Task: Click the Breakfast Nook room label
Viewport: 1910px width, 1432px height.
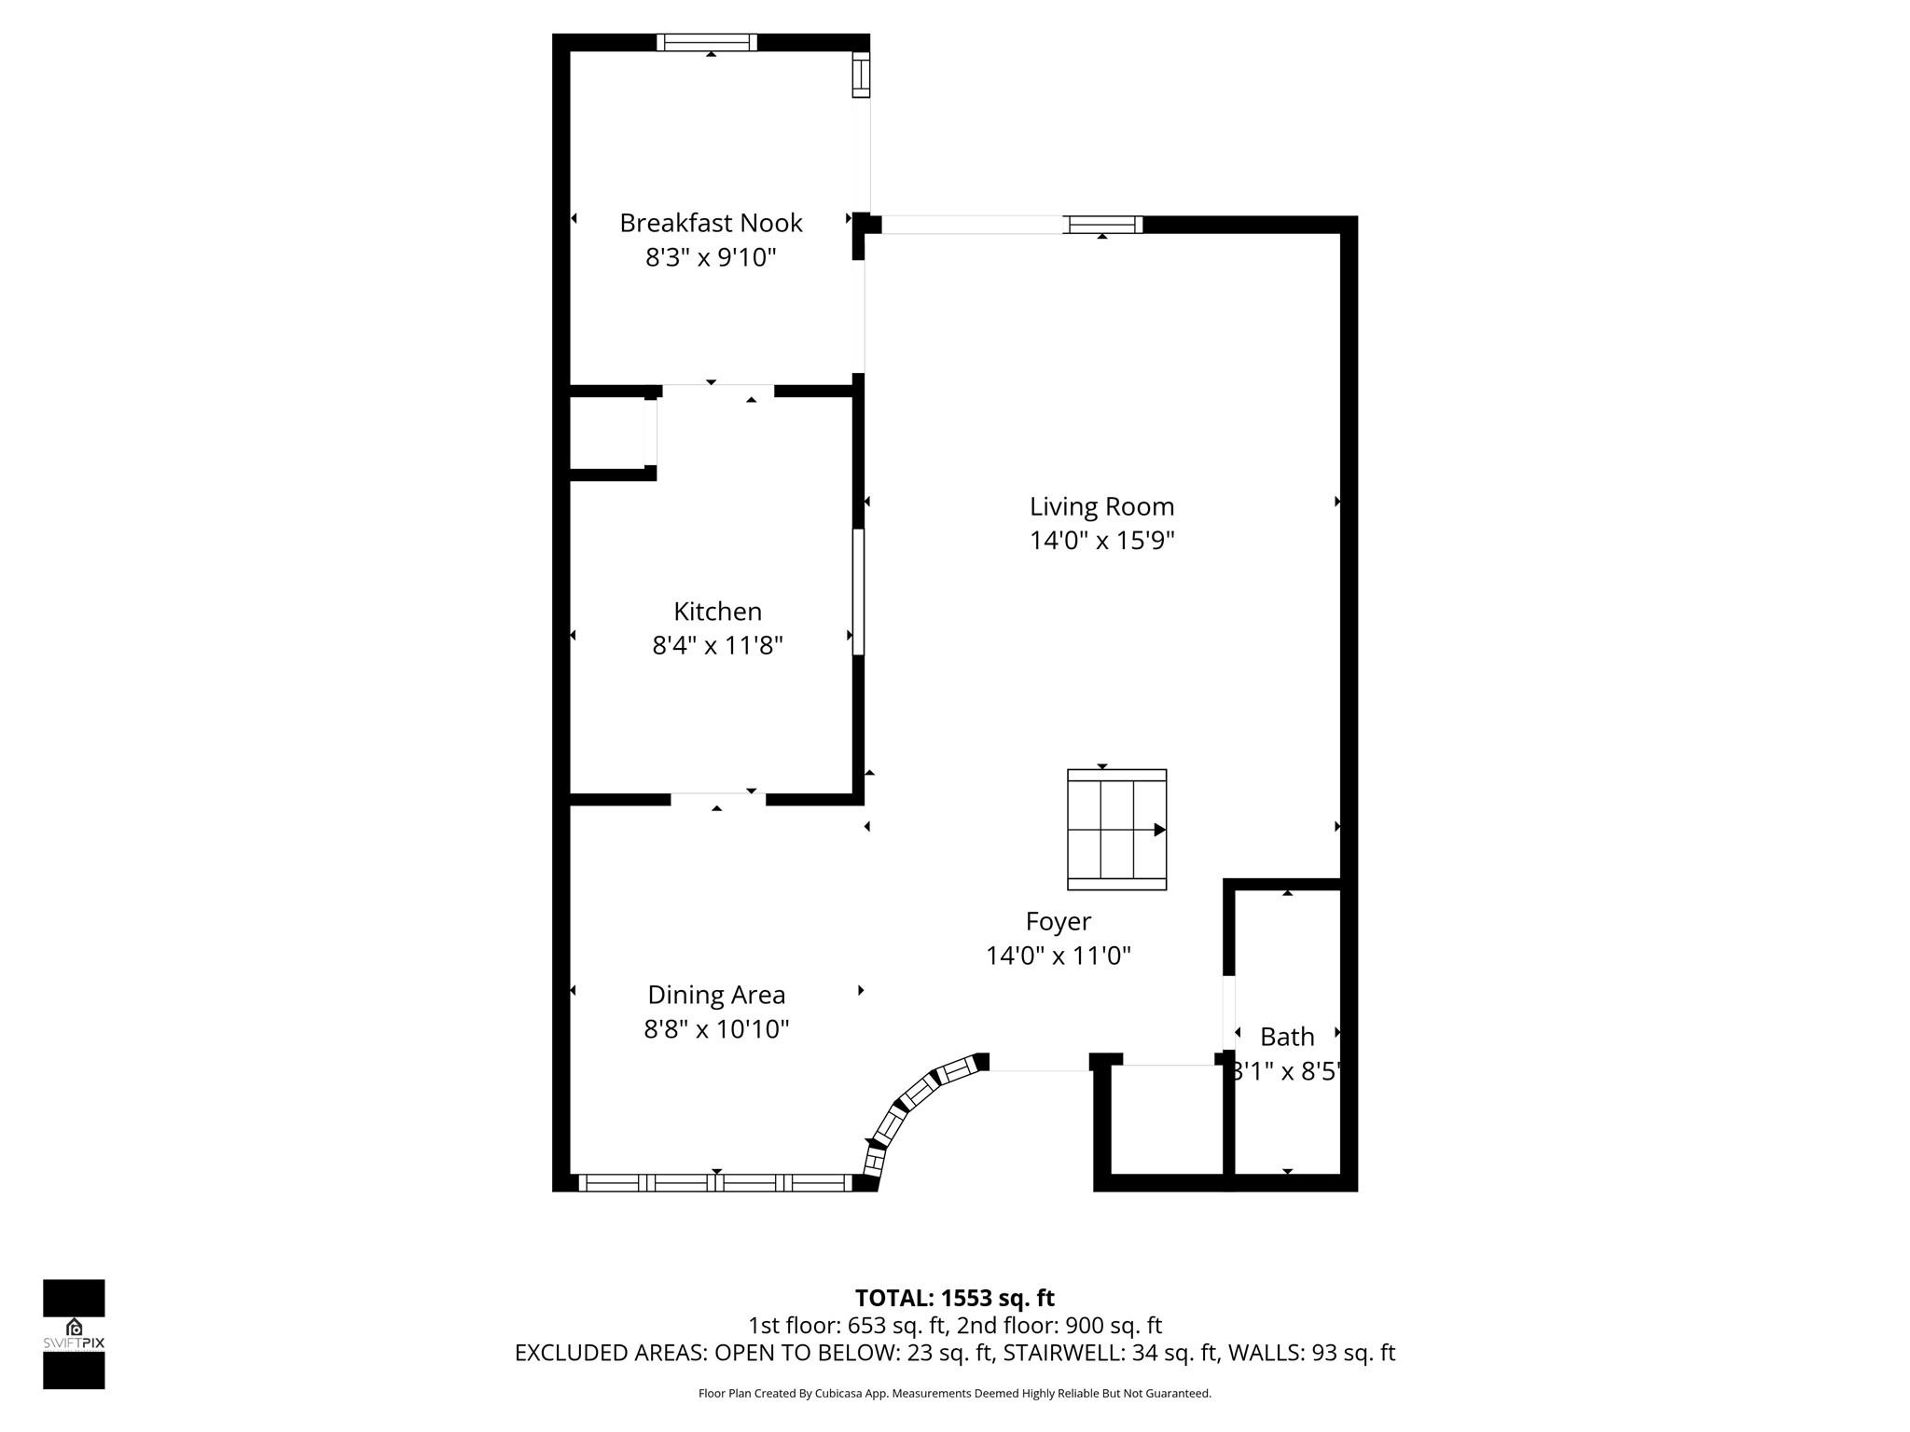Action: pyautogui.click(x=711, y=223)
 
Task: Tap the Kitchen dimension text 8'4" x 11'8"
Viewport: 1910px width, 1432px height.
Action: pyautogui.click(x=717, y=645)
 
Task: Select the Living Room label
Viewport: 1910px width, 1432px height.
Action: pyautogui.click(x=1101, y=507)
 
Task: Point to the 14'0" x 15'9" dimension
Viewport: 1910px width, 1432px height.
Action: pyautogui.click(x=1101, y=541)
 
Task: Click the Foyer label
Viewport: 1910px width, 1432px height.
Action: pyautogui.click(x=1058, y=921)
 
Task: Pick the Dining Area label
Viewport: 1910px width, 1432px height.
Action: pyautogui.click(x=716, y=995)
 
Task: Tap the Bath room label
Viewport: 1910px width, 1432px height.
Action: pyautogui.click(x=1287, y=1037)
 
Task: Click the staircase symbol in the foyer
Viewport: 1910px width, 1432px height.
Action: pyautogui.click(x=1116, y=830)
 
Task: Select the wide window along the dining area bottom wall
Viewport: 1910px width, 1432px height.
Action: pyautogui.click(x=715, y=1183)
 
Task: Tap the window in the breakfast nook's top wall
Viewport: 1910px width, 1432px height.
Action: pyautogui.click(x=706, y=42)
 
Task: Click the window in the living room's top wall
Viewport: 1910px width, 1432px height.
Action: pyautogui.click(x=1103, y=225)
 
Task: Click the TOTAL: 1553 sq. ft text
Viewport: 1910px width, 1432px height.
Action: pyautogui.click(x=954, y=1298)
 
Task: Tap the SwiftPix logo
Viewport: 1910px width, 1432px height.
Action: pyautogui.click(x=74, y=1333)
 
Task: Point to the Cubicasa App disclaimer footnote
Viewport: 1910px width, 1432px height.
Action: pyautogui.click(x=954, y=1394)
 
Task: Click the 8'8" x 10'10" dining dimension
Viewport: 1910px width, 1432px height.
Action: pyautogui.click(x=716, y=1029)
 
